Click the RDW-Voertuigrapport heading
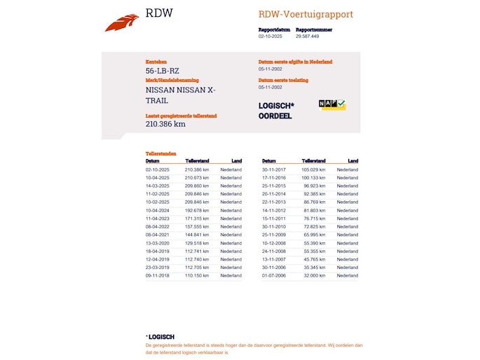tap(306, 15)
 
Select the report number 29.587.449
tap(308, 36)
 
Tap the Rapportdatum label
tap(273, 29)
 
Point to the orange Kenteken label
tap(156, 62)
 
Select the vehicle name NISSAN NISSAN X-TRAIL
tap(181, 95)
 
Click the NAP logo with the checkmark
tap(332, 104)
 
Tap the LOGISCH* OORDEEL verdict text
tap(276, 111)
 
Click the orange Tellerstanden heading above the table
tap(160, 153)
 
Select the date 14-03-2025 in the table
tap(157, 186)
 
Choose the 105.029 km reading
tap(315, 169)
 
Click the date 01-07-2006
tap(274, 276)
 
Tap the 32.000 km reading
tap(315, 276)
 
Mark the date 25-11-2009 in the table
tap(274, 235)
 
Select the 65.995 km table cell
tap(315, 235)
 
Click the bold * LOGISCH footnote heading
tap(161, 337)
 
